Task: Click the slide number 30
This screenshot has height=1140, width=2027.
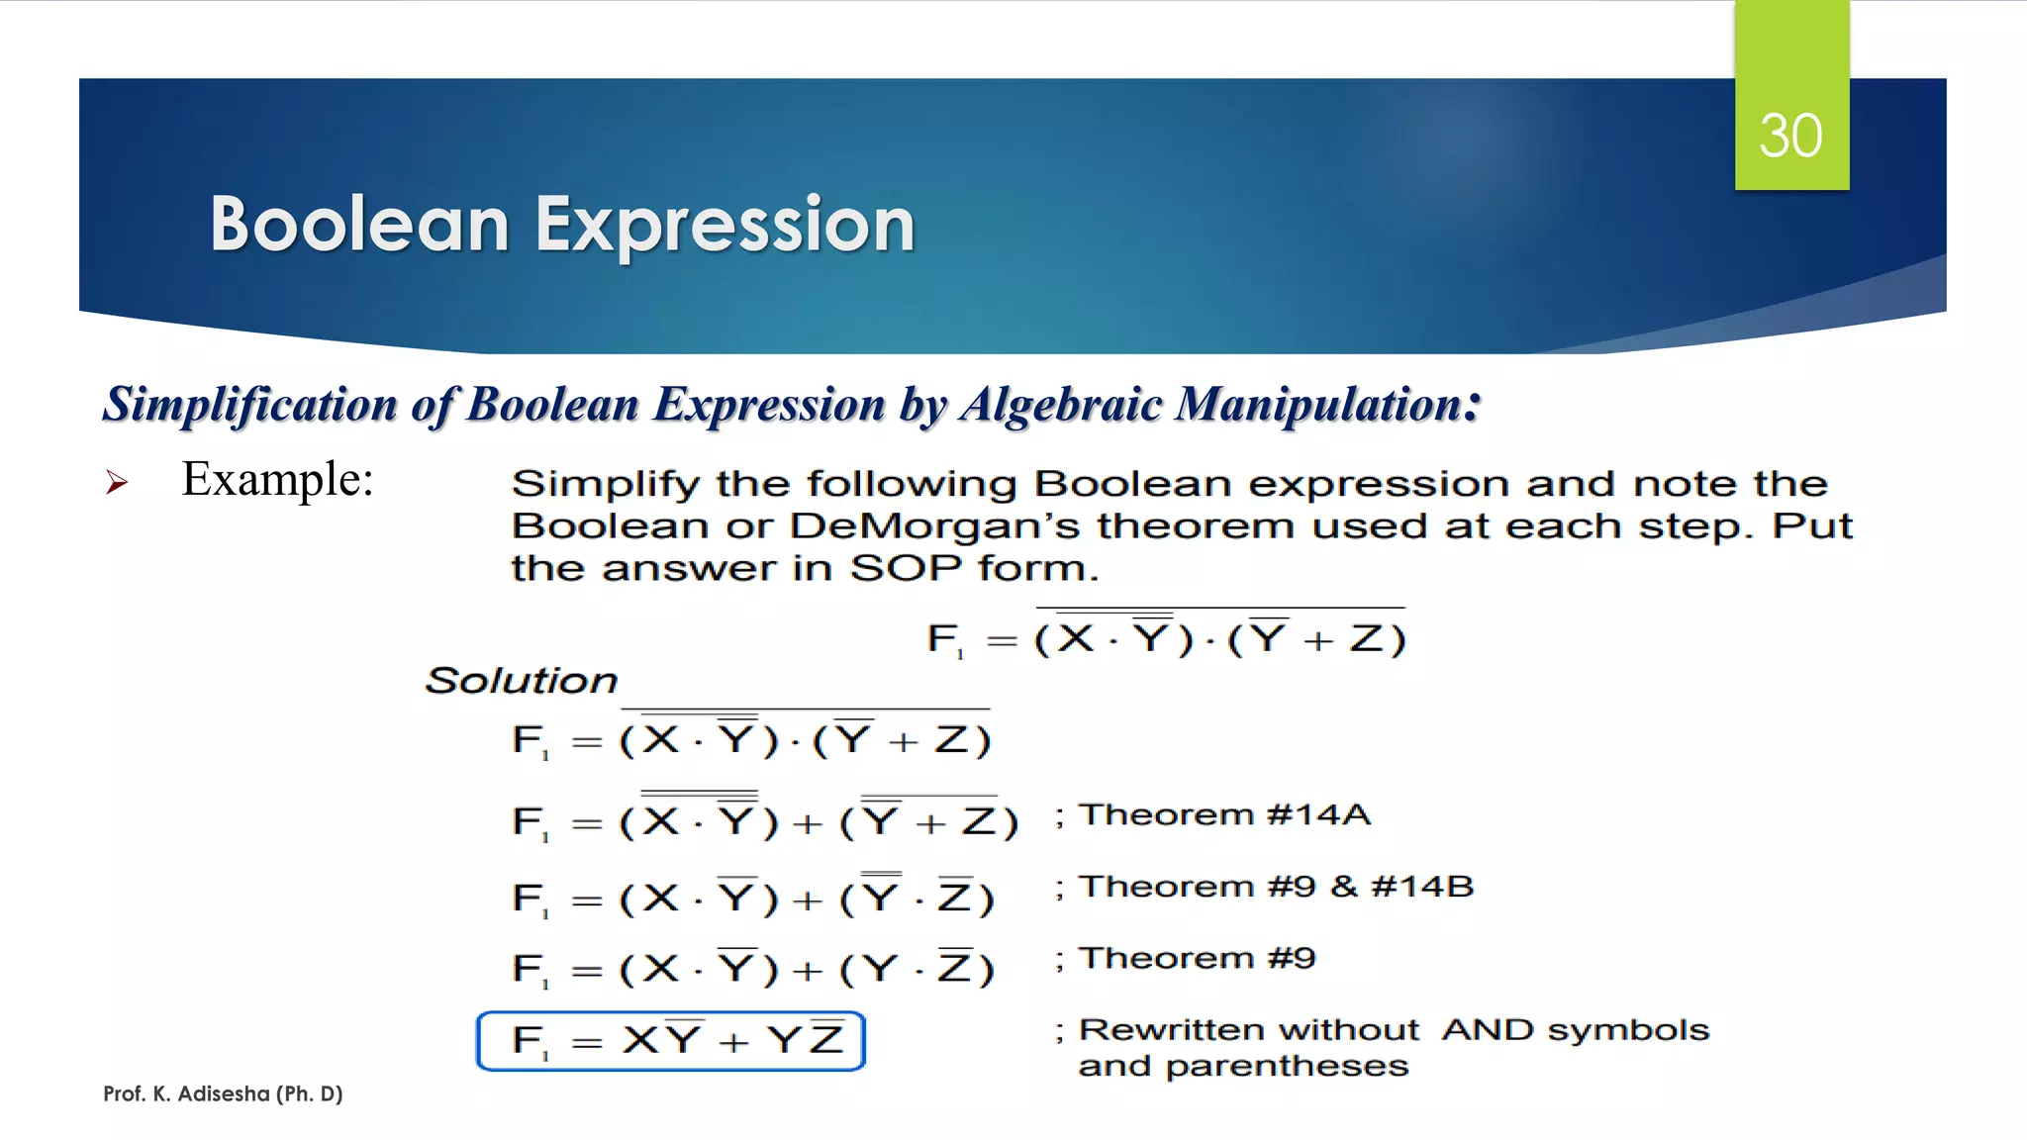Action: tap(1790, 136)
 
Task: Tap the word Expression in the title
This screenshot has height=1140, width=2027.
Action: tap(724, 225)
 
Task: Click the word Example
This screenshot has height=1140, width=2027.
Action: tap(277, 479)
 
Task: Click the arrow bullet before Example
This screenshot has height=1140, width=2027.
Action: tap(117, 483)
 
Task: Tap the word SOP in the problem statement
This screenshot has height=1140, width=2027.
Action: tap(905, 569)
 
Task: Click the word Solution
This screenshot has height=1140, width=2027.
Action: tap(521, 681)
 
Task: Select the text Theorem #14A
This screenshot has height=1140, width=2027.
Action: tap(1223, 814)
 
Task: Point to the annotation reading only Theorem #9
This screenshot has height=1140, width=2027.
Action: tap(1196, 958)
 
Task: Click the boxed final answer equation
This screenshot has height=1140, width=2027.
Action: tap(671, 1041)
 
